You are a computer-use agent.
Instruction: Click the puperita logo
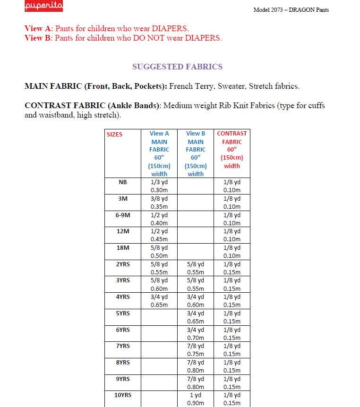click(x=43, y=6)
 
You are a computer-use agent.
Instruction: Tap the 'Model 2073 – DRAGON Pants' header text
click(x=291, y=10)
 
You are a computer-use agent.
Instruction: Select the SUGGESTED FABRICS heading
click(x=177, y=67)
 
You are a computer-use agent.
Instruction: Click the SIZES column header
click(x=114, y=134)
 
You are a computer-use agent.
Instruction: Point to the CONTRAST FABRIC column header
click(x=231, y=149)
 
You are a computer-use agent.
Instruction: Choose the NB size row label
click(x=123, y=182)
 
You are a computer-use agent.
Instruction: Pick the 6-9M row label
click(x=123, y=215)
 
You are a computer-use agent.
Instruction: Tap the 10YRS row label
click(x=123, y=395)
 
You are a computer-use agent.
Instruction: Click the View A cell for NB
click(x=159, y=186)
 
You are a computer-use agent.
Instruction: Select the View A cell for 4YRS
click(x=159, y=301)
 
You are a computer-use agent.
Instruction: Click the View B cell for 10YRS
click(x=196, y=399)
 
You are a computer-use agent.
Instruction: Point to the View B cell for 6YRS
click(x=196, y=333)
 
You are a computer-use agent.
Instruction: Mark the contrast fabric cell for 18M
click(x=231, y=252)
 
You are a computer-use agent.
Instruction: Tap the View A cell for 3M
click(x=159, y=203)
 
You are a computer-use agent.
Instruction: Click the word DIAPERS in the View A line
click(x=167, y=28)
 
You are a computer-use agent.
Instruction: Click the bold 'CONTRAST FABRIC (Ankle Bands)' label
click(x=93, y=106)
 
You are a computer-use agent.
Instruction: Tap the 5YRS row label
click(x=123, y=313)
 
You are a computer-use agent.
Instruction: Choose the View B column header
click(x=196, y=153)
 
